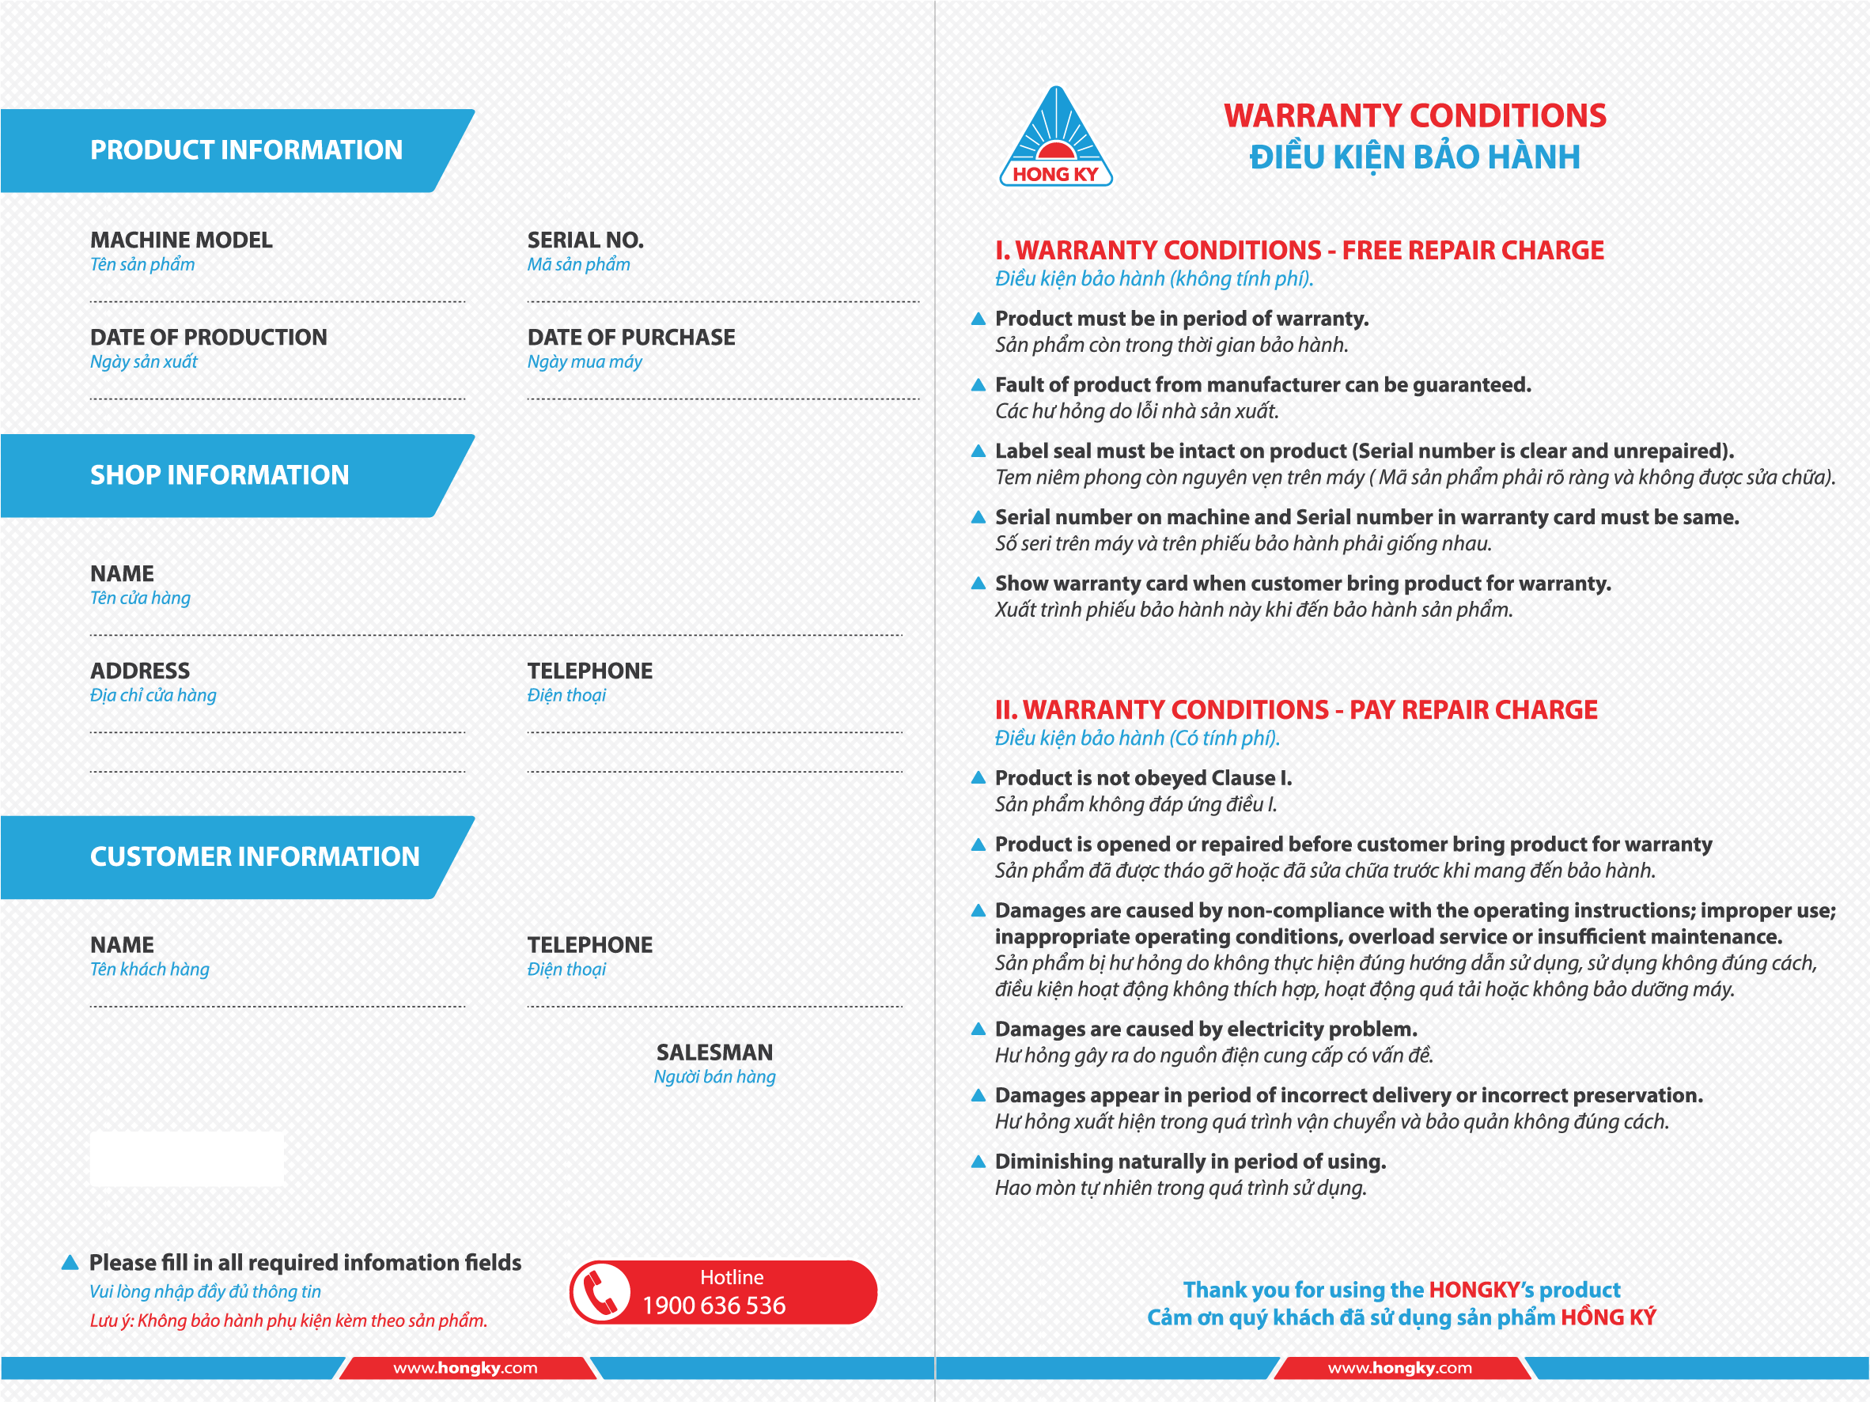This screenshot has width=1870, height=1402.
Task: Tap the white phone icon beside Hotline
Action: point(600,1292)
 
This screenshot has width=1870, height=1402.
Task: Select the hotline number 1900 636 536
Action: point(714,1306)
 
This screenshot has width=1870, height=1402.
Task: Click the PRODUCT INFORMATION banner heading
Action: point(246,150)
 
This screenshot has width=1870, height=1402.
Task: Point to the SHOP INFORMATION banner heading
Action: point(219,476)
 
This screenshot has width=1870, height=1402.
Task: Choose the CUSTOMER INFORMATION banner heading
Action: point(255,857)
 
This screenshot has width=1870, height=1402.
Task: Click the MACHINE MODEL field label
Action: point(181,240)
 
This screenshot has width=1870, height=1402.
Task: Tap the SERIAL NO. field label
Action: point(585,240)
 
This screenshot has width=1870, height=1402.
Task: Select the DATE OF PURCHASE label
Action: point(630,337)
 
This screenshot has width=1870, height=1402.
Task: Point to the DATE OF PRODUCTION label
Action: point(208,337)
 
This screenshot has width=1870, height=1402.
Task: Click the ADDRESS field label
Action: point(139,671)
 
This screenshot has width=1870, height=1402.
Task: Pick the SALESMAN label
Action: point(714,1052)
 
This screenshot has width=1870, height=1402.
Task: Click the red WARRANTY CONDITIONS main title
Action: point(1414,115)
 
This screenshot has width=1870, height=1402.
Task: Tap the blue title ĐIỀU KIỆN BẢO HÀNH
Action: point(1414,157)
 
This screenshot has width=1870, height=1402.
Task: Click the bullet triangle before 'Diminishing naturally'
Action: point(979,1162)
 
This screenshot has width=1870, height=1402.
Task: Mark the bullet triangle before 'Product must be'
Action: point(979,319)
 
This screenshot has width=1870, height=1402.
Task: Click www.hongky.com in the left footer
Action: point(465,1368)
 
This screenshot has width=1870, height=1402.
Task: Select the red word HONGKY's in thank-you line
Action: point(1480,1290)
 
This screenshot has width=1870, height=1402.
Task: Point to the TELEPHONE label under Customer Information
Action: point(589,945)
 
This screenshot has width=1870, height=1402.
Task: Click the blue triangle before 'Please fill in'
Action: point(70,1263)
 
